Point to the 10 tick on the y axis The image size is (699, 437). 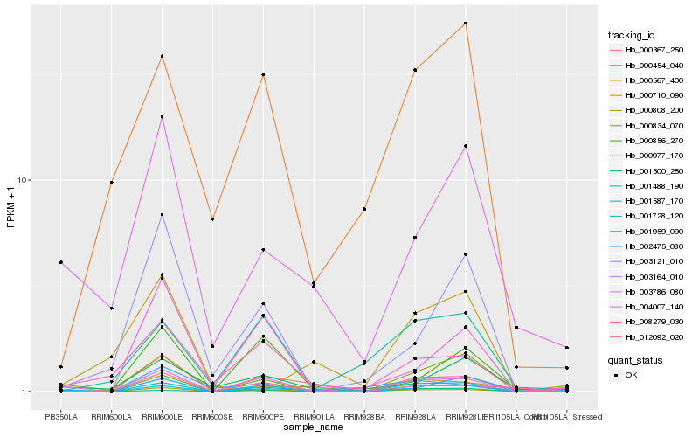click(24, 180)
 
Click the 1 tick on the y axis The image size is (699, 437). click(26, 392)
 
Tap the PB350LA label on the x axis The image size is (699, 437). click(61, 418)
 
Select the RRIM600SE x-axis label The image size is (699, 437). click(212, 418)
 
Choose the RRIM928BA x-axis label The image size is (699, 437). click(364, 418)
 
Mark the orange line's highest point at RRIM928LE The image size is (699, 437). click(466, 24)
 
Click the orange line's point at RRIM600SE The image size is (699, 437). click(212, 218)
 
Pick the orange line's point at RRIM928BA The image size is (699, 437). click(364, 209)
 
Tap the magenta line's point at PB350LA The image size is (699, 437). click(61, 262)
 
